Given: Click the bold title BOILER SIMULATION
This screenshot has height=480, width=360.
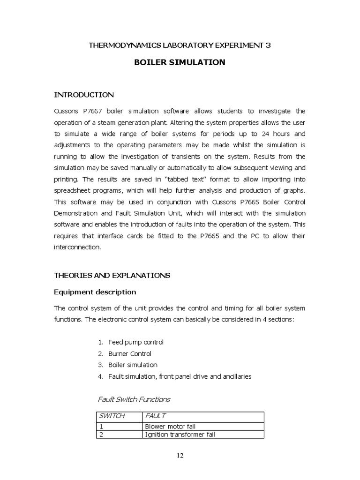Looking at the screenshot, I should click(180, 62).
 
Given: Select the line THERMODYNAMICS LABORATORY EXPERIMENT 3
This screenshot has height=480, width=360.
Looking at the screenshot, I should click(180, 45).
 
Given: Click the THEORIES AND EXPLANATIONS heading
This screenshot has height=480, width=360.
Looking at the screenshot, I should click(112, 275).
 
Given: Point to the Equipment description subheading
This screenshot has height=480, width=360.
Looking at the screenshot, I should click(95, 292).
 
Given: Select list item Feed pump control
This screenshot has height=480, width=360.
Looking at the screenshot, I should click(135, 342).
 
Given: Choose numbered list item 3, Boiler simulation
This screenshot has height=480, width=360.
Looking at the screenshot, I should click(133, 365).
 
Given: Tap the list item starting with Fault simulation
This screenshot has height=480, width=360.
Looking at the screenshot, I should click(180, 376).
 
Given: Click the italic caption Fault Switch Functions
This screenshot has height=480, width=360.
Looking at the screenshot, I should click(134, 399).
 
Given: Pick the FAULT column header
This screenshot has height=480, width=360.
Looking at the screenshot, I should click(156, 416).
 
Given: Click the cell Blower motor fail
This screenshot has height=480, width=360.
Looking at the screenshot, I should click(170, 426).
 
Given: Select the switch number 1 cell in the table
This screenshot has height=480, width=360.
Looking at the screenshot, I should click(101, 426).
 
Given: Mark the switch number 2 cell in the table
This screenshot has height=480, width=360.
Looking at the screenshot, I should click(101, 435).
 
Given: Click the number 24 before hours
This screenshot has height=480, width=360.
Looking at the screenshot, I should click(272, 133).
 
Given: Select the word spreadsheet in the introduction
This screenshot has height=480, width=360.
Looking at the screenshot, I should click(73, 191).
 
